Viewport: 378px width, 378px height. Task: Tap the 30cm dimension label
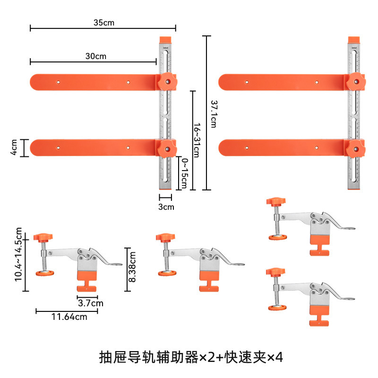(x=96, y=56)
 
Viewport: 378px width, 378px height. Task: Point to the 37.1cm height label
(x=213, y=113)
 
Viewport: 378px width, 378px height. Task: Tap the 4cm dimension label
(x=14, y=147)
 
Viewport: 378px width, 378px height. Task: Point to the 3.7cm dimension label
(x=91, y=303)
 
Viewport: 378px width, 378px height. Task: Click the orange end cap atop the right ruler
(x=353, y=40)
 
